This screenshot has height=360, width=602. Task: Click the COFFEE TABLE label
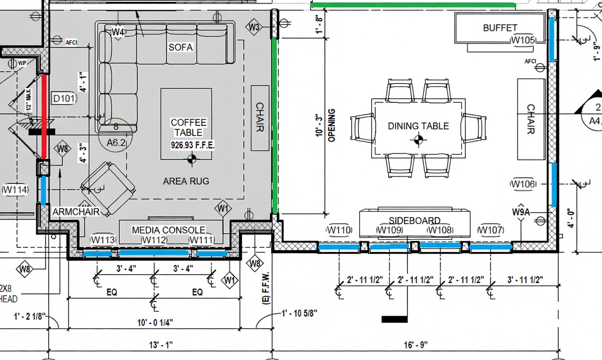point(189,127)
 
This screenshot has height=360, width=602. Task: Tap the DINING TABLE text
point(418,126)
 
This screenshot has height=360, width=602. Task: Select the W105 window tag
point(523,40)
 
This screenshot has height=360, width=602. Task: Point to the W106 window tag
point(523,184)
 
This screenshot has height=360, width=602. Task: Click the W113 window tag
point(103,239)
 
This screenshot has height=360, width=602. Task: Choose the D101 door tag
point(64,98)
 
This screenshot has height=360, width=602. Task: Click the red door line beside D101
point(45,117)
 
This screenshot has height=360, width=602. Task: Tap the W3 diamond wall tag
point(254,27)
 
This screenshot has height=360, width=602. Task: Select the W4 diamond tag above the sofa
point(118,32)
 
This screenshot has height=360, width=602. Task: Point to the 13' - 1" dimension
point(161,344)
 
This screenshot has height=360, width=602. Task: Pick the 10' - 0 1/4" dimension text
point(155,323)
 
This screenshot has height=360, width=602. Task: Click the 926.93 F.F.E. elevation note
point(193,145)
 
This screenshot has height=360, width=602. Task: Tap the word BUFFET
point(500,28)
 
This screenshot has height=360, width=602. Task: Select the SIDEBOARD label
point(414,220)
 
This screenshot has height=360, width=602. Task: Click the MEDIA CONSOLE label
point(168,230)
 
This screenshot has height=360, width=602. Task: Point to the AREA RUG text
point(186,181)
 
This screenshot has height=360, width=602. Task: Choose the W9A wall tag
point(521,212)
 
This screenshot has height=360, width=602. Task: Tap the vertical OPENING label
point(332,125)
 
